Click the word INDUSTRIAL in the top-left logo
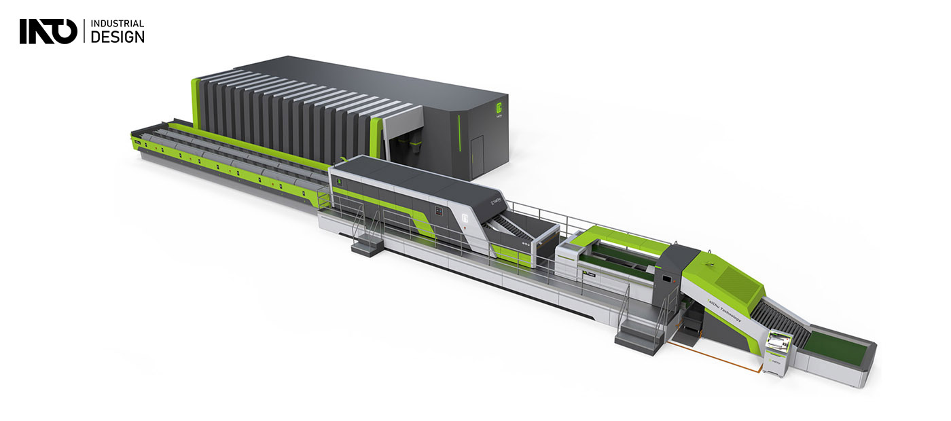pyautogui.click(x=117, y=24)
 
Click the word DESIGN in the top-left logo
pyautogui.click(x=117, y=37)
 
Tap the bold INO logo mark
pyautogui.click(x=48, y=32)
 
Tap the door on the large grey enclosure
pyautogui.click(x=477, y=149)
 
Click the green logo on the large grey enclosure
pyautogui.click(x=499, y=108)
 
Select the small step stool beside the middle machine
pyautogui.click(x=367, y=242)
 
